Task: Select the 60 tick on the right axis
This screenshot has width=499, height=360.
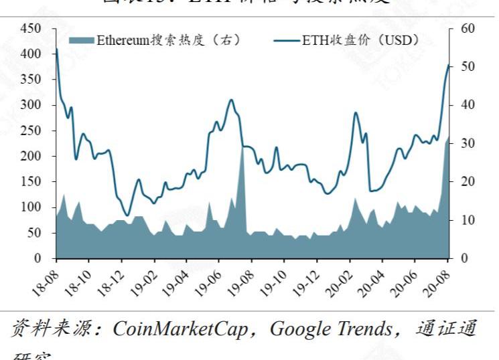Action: (468, 29)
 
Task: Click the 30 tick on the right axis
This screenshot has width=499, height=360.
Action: (468, 143)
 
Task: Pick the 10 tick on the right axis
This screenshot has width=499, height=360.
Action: (468, 220)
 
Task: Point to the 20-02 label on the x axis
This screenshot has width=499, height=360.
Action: (342, 279)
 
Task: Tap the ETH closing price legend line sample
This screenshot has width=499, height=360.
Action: (287, 40)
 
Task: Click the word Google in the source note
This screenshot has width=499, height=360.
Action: (297, 329)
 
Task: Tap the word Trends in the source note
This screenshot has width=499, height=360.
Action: (362, 329)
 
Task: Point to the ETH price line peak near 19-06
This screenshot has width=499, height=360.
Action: (231, 100)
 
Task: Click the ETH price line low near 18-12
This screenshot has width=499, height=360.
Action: (127, 197)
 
